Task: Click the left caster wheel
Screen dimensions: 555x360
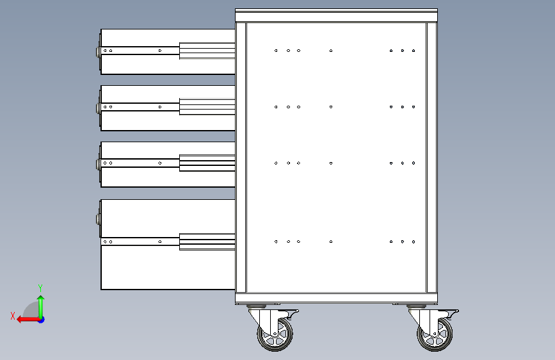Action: pyautogui.click(x=275, y=334)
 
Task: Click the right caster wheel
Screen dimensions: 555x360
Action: pyautogui.click(x=435, y=334)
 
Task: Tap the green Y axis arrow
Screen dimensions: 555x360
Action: pyautogui.click(x=41, y=307)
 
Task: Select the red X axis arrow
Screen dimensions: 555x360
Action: pyautogui.click(x=28, y=320)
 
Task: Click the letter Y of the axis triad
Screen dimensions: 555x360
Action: pyautogui.click(x=40, y=288)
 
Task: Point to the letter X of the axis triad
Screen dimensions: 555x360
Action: pyautogui.click(x=13, y=316)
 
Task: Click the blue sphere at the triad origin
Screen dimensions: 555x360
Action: pyautogui.click(x=42, y=320)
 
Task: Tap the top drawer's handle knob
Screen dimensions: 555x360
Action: pyautogui.click(x=98, y=52)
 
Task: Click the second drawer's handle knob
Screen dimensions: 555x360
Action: pyautogui.click(x=98, y=108)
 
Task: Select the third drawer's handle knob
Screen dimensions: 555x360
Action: pyautogui.click(x=98, y=164)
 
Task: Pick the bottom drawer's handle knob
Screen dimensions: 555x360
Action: pyautogui.click(x=98, y=218)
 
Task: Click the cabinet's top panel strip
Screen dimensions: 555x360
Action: pyautogui.click(x=336, y=15)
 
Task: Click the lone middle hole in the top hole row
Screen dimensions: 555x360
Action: pyautogui.click(x=331, y=51)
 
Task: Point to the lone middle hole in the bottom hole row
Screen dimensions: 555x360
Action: pyautogui.click(x=331, y=241)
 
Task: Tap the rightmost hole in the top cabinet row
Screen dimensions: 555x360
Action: pyautogui.click(x=414, y=51)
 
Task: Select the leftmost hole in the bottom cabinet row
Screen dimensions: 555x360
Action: pyautogui.click(x=276, y=241)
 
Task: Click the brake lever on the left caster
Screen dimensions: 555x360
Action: pyautogui.click(x=290, y=312)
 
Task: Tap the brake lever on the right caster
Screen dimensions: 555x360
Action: pyautogui.click(x=450, y=312)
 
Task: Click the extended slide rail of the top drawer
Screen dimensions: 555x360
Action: pyautogui.click(x=207, y=51)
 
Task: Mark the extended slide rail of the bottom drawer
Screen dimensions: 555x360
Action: pyautogui.click(x=207, y=242)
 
